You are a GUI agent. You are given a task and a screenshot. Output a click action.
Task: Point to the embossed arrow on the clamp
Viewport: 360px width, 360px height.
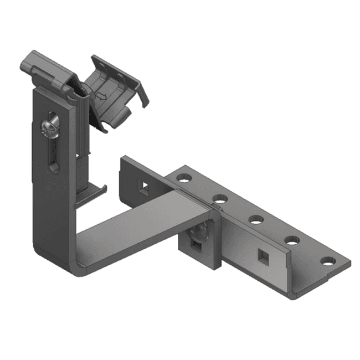[x=101, y=96]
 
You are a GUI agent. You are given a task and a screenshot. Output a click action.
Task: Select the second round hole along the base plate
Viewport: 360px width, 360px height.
[x=220, y=198]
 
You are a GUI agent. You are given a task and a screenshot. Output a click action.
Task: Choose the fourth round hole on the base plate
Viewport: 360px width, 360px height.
[x=291, y=240]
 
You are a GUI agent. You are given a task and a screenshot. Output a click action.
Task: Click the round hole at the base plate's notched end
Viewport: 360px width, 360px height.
[x=328, y=260]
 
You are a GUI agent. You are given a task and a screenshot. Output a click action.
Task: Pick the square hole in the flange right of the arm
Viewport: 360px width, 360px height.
[x=261, y=255]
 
